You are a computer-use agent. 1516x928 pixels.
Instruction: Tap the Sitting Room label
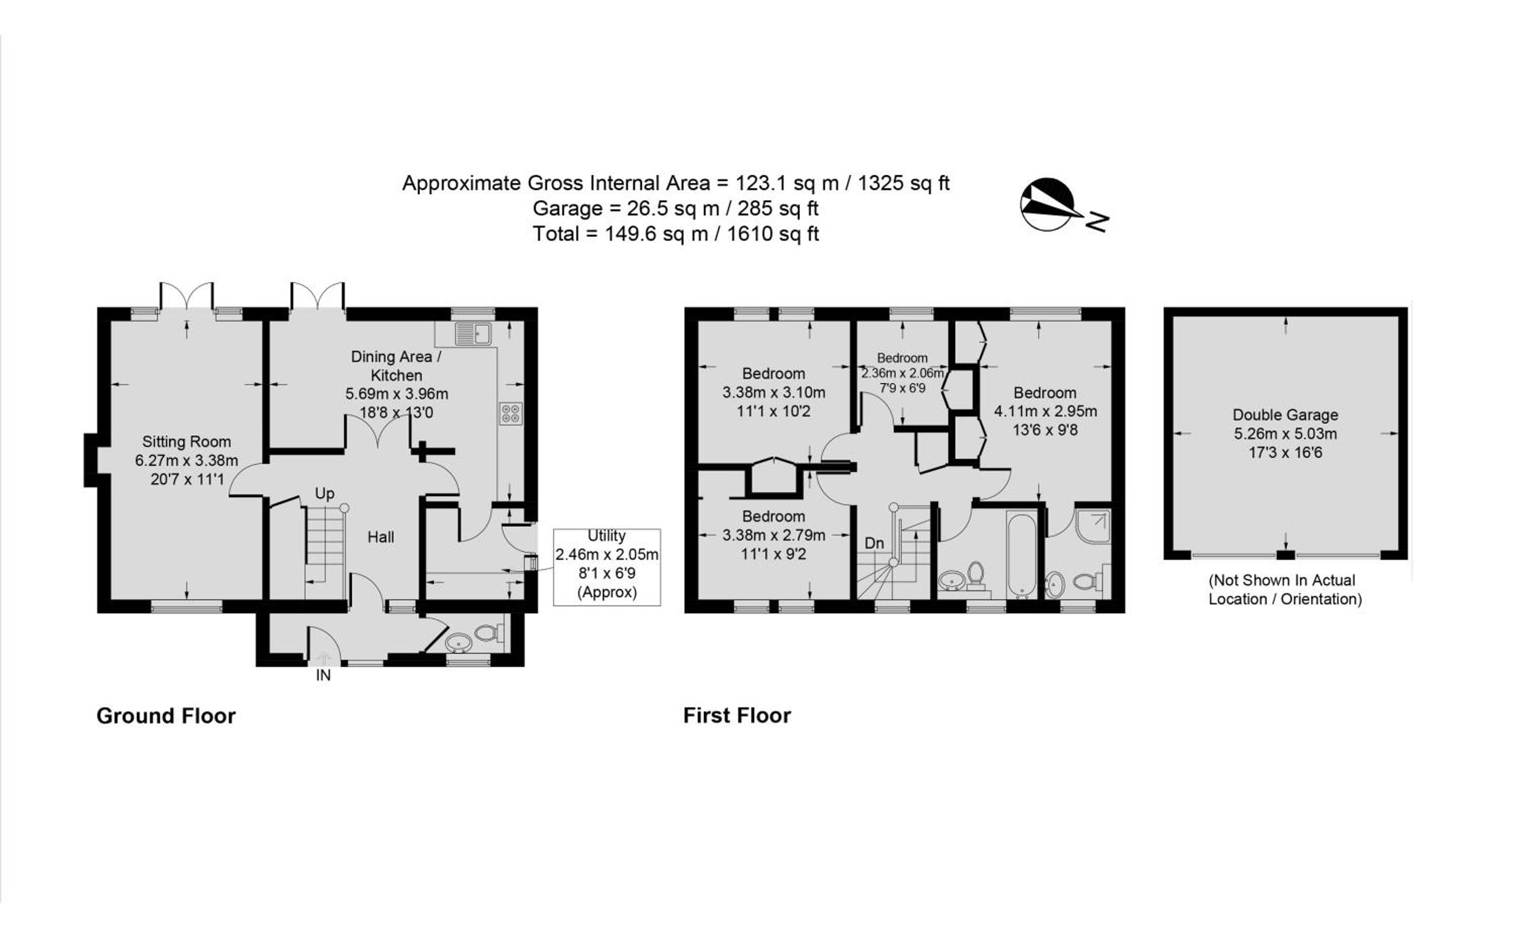pyautogui.click(x=187, y=442)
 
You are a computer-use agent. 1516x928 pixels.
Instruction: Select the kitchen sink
pyautogui.click(x=473, y=334)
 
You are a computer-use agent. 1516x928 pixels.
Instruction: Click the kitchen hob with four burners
pyautogui.click(x=510, y=413)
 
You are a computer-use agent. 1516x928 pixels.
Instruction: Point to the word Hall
pyautogui.click(x=381, y=537)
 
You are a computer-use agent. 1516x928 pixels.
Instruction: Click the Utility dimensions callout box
pyautogui.click(x=606, y=567)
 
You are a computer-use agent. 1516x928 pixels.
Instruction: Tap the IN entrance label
pyautogui.click(x=323, y=675)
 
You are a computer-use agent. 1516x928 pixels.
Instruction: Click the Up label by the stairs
pyautogui.click(x=325, y=493)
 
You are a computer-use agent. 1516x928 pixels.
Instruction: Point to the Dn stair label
pyautogui.click(x=874, y=543)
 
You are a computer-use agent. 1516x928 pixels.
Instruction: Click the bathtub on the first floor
pyautogui.click(x=1022, y=555)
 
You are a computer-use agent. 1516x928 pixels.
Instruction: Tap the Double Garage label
pyautogui.click(x=1285, y=414)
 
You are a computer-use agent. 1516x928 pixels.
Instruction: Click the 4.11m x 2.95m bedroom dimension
pyautogui.click(x=1045, y=411)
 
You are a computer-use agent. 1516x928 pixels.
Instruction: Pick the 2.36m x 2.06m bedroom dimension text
pyautogui.click(x=902, y=373)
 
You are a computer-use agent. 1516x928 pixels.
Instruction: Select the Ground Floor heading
pyautogui.click(x=166, y=716)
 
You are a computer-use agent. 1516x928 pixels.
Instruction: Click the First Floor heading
pyautogui.click(x=737, y=715)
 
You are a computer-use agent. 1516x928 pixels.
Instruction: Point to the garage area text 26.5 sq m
pyautogui.click(x=673, y=208)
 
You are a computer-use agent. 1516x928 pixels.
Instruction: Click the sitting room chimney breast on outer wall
pyautogui.click(x=91, y=460)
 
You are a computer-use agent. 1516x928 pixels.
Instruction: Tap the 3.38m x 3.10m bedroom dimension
pyautogui.click(x=774, y=392)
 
